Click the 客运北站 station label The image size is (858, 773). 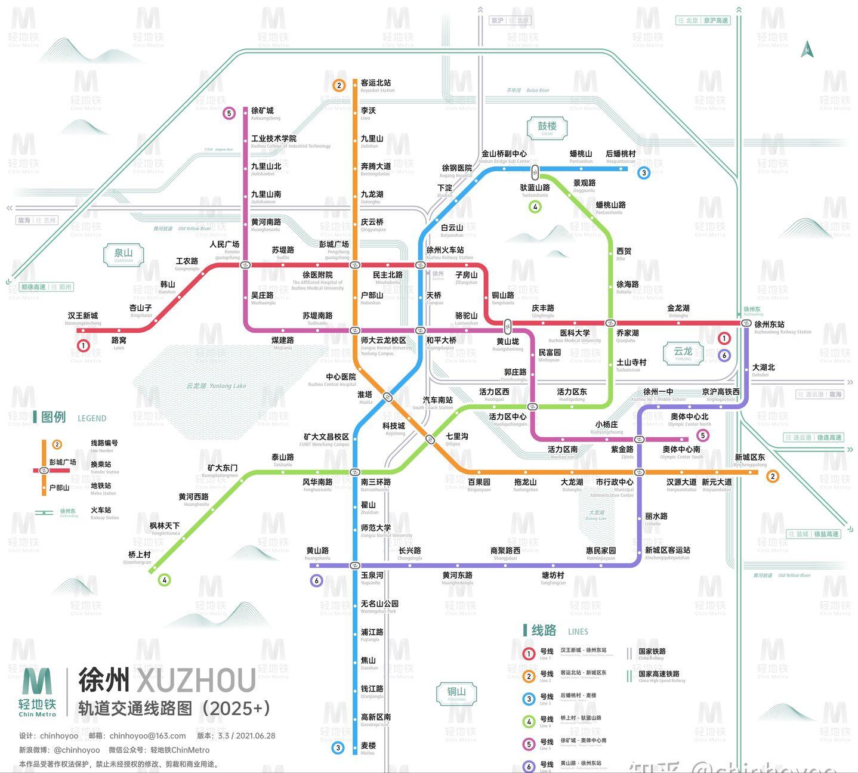[376, 84]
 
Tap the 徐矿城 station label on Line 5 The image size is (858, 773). [263, 111]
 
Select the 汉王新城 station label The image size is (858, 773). [83, 316]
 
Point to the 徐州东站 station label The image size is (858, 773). [770, 324]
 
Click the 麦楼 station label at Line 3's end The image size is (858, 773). [368, 746]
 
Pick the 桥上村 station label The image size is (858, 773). [140, 555]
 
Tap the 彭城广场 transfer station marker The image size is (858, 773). [355, 265]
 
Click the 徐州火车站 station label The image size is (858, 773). [445, 251]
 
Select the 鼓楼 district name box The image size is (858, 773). [547, 127]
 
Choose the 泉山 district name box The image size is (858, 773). [124, 253]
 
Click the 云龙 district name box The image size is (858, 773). [683, 352]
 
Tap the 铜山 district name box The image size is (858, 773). [456, 693]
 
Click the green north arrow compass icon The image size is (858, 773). [807, 49]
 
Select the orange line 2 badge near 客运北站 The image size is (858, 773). [339, 85]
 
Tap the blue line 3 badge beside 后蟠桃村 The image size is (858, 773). [643, 173]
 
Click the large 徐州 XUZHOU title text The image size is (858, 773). [167, 680]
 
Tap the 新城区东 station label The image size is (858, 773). [749, 457]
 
